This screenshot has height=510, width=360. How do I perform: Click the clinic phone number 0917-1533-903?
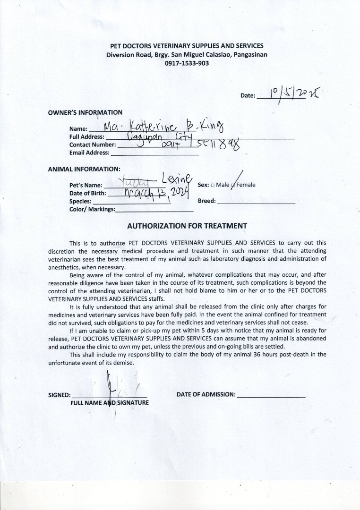point(187,63)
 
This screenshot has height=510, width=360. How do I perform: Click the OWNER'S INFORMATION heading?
point(85,112)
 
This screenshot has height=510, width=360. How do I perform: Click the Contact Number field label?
point(92,144)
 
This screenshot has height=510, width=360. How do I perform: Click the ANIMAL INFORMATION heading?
point(84,169)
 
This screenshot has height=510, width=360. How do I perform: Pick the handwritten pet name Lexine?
point(177,179)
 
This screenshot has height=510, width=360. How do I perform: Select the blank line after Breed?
point(256,202)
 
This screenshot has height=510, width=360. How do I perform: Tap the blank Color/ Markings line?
point(154,210)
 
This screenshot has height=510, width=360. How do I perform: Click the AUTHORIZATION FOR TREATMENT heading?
point(187,226)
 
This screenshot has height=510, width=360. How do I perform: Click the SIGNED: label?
point(60,395)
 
